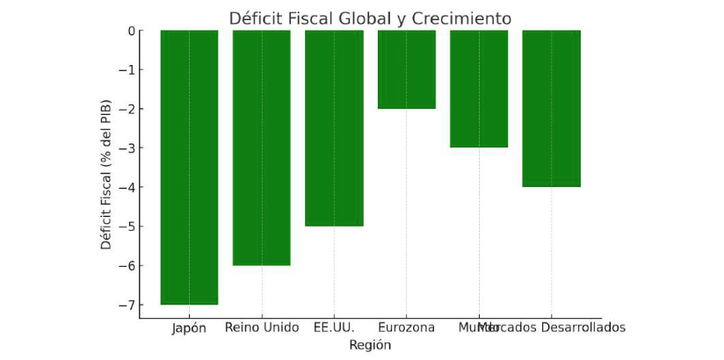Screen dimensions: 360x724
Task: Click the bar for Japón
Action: (189, 167)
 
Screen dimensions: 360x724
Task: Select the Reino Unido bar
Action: (262, 148)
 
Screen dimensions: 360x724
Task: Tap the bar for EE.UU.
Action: (334, 128)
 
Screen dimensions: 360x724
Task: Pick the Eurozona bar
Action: (407, 69)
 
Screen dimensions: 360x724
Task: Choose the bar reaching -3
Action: (479, 89)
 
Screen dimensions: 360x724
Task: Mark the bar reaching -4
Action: (552, 108)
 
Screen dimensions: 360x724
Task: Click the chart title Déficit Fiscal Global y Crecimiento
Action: (370, 18)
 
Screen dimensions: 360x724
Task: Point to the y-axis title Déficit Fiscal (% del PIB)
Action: (106, 175)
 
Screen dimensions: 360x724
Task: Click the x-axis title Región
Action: (370, 345)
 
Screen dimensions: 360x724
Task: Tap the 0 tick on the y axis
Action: (131, 31)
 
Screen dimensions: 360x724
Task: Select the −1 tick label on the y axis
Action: (127, 70)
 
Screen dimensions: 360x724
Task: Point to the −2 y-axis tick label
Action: (127, 109)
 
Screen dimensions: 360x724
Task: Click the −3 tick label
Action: (127, 148)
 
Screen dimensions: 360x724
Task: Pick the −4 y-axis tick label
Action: (127, 187)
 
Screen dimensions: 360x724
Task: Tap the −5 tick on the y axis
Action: (127, 227)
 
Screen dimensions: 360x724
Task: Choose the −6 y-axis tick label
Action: (127, 266)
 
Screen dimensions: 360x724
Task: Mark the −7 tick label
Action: (127, 305)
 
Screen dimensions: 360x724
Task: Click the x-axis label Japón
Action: (189, 328)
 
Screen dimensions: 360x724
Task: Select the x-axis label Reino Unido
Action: (262, 328)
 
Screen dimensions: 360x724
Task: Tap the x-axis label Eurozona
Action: (407, 328)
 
